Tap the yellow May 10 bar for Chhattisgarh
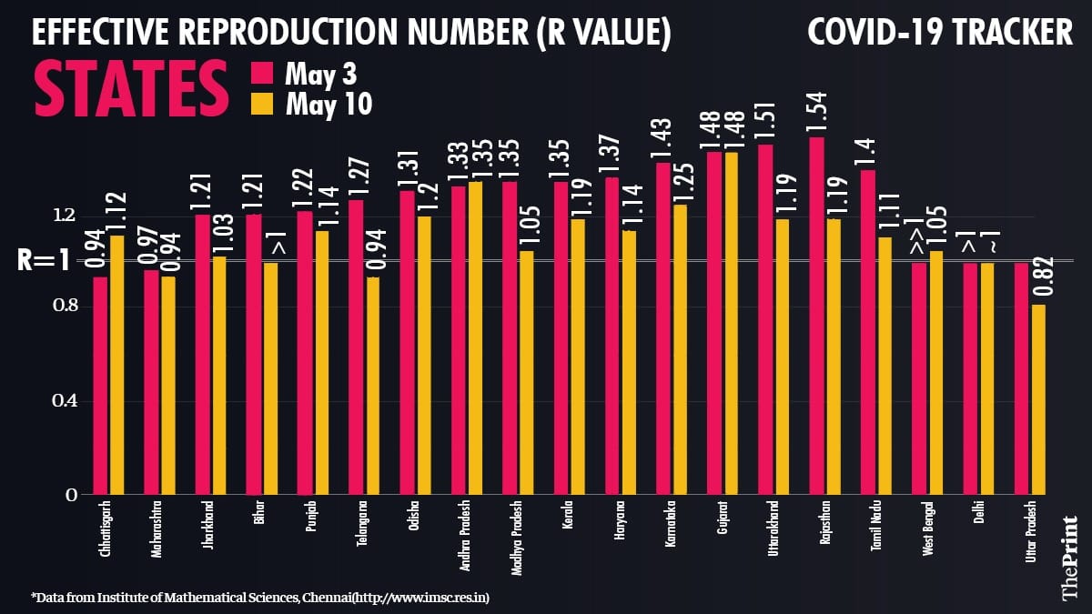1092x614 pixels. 117,365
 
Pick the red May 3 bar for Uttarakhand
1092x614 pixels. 765,319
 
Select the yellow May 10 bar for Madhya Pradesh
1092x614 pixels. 526,373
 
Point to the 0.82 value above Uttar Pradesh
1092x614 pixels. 1039,277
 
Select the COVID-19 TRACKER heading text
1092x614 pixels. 940,34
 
